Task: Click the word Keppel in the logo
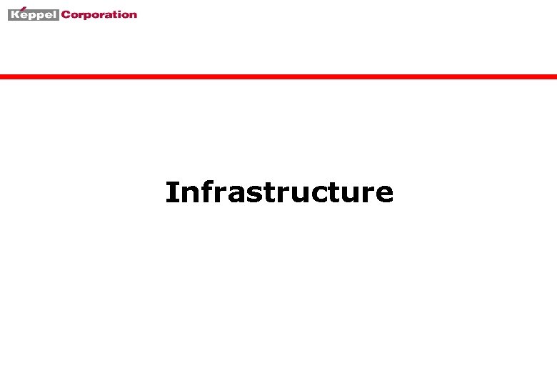33,14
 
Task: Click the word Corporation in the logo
99,14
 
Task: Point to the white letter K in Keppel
15,14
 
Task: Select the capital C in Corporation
66,14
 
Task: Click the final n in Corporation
133,14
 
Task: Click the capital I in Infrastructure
171,192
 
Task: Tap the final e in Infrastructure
383,194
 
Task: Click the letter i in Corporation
118,14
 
